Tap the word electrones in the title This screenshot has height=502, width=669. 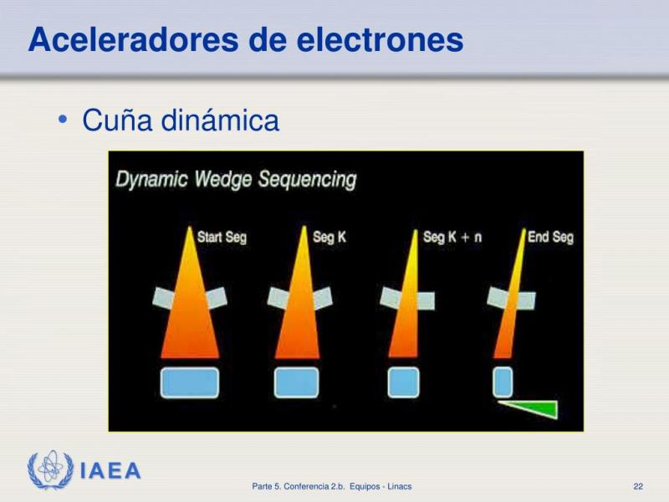pyautogui.click(x=380, y=39)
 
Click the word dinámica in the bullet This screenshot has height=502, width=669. pyautogui.click(x=220, y=120)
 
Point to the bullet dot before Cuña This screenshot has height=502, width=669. pyautogui.click(x=63, y=120)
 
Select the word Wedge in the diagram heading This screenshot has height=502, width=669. pyautogui.click(x=222, y=179)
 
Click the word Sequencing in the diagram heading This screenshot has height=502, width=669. pyautogui.click(x=307, y=179)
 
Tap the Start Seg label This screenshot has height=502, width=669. pyautogui.click(x=222, y=237)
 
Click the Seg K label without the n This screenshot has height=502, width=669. pyautogui.click(x=329, y=237)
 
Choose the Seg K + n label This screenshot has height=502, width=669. pyautogui.click(x=452, y=237)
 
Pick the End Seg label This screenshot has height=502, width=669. pyautogui.click(x=550, y=237)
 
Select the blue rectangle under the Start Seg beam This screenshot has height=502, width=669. pyautogui.click(x=190, y=382)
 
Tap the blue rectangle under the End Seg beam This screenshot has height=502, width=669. pyautogui.click(x=503, y=382)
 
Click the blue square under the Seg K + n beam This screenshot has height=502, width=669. pyautogui.click(x=403, y=382)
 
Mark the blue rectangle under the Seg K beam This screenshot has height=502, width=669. pyautogui.click(x=297, y=382)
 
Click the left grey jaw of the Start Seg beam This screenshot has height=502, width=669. pyautogui.click(x=163, y=298)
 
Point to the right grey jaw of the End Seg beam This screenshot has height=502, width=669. pyautogui.click(x=527, y=301)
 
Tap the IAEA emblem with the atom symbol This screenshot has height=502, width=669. pyautogui.click(x=50, y=469)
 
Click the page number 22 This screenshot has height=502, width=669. pyautogui.click(x=638, y=486)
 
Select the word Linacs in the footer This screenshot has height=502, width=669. pyautogui.click(x=400, y=486)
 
